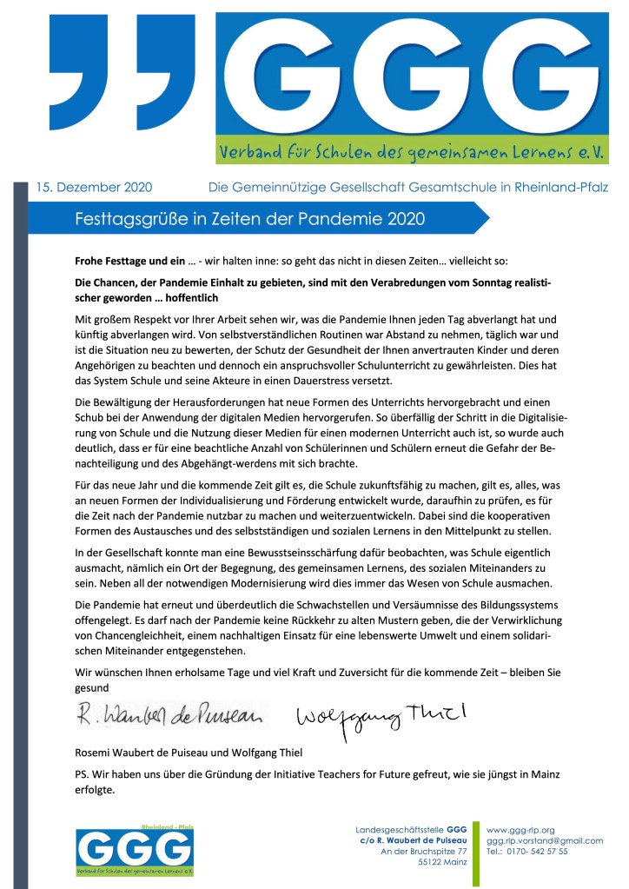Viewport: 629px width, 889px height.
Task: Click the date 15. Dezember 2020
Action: (94, 186)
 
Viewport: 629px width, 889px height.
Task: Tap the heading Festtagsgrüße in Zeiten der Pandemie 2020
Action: (250, 218)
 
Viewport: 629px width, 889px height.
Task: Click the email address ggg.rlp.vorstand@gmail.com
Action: (545, 840)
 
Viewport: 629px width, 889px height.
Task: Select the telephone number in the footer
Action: (527, 852)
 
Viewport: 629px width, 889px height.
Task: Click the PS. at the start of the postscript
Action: (83, 773)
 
